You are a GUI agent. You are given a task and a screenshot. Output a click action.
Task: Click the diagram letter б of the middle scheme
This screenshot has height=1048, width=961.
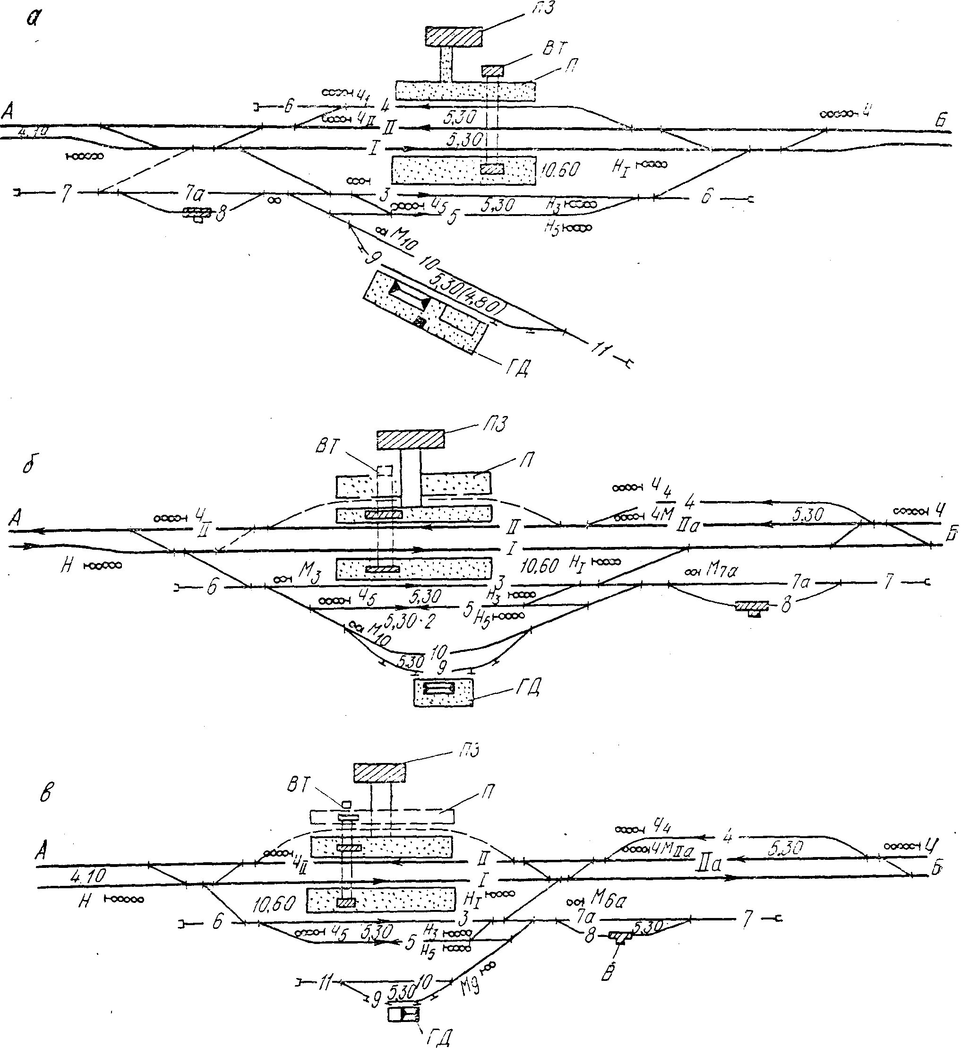[29, 465]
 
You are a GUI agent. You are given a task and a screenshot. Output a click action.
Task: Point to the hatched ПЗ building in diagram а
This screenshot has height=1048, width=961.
[454, 36]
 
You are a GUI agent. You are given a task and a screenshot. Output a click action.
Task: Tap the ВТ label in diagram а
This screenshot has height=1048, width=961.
[555, 50]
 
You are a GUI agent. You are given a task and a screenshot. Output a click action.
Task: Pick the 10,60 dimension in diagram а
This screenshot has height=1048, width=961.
[560, 170]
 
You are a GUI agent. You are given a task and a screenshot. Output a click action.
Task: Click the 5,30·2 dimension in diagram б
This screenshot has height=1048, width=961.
[409, 621]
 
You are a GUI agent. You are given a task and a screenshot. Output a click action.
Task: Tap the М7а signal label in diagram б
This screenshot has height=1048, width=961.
[721, 571]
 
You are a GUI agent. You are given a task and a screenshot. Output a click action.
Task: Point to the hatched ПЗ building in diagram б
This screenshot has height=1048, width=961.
[410, 439]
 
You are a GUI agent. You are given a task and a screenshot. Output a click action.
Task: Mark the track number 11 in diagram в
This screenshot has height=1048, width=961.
[325, 982]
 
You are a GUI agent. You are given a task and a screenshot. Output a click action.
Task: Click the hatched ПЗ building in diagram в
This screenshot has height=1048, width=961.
[379, 772]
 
